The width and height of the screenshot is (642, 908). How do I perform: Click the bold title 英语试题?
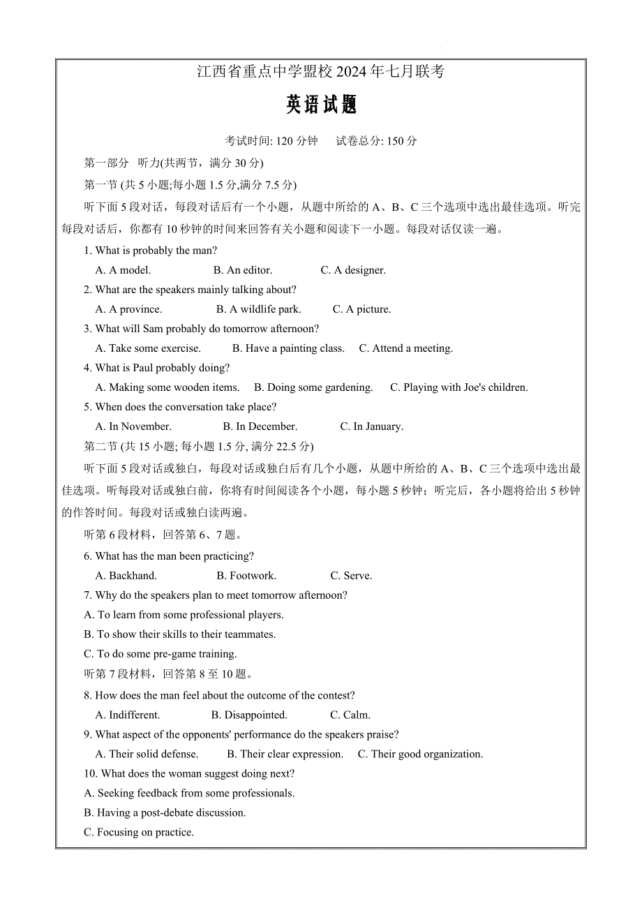(x=321, y=105)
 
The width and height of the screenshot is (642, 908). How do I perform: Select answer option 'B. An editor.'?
(x=243, y=270)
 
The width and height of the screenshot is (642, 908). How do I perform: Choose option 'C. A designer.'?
(x=353, y=270)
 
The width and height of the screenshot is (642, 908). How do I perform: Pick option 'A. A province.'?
(x=128, y=309)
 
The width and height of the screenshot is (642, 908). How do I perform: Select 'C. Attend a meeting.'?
(x=405, y=348)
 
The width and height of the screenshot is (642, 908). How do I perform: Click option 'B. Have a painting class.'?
(x=288, y=348)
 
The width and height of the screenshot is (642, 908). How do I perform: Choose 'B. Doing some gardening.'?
(x=313, y=387)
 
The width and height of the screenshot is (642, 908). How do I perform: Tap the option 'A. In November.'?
(x=133, y=426)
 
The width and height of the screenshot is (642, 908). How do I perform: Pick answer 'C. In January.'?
(x=371, y=426)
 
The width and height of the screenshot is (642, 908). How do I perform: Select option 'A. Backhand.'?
(x=126, y=576)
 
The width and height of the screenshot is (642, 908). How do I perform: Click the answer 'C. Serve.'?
(x=351, y=576)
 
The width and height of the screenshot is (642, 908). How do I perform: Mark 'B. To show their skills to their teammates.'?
(x=179, y=634)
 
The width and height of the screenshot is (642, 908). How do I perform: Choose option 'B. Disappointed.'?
(x=249, y=715)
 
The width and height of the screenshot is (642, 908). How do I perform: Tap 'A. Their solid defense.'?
(x=147, y=754)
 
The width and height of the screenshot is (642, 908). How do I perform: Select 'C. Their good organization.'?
(x=420, y=754)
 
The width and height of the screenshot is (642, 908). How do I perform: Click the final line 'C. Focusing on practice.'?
(x=138, y=832)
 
